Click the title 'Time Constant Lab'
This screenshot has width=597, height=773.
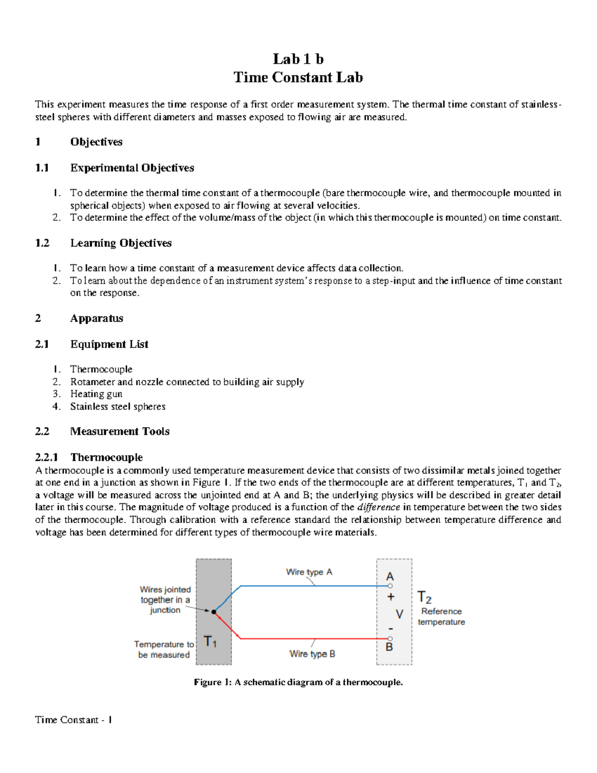[298, 78]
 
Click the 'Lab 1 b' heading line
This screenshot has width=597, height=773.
[298, 59]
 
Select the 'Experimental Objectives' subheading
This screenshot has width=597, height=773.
[132, 168]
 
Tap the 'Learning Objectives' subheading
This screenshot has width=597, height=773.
[121, 243]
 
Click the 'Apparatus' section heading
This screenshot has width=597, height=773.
[97, 319]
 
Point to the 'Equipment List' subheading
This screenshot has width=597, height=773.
[109, 344]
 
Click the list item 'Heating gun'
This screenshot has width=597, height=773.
[96, 394]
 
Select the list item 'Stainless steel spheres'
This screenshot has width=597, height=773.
[117, 407]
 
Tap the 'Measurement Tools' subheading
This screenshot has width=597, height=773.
[119, 432]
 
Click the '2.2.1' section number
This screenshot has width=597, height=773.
[47, 457]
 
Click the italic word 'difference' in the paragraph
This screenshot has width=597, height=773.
[379, 507]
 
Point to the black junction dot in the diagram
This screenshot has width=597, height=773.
[214, 612]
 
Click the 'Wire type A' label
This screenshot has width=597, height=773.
[309, 572]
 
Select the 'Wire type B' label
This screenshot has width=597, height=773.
[312, 654]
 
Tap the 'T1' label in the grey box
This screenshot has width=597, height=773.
[210, 642]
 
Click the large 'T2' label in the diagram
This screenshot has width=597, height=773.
[424, 597]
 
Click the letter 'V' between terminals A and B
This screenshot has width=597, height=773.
[399, 614]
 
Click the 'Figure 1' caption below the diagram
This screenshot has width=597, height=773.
[298, 682]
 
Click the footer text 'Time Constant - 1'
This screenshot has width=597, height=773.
[74, 720]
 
